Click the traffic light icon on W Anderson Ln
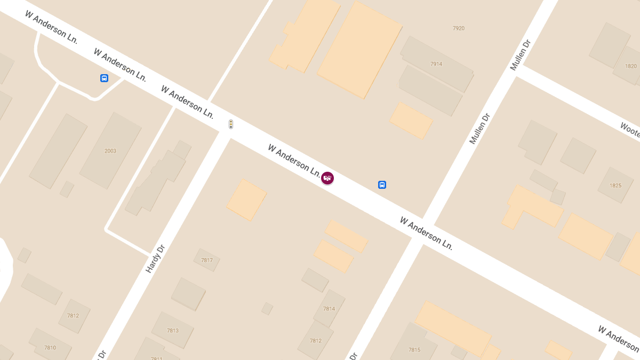[231, 124]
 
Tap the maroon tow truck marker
[327, 178]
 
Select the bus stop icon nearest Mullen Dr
[382, 185]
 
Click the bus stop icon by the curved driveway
[104, 78]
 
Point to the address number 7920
[459, 28]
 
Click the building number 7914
[436, 64]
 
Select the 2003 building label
[110, 151]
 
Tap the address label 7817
[207, 260]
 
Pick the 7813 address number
[173, 331]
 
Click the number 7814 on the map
[329, 309]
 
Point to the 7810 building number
[50, 348]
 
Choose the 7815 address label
[414, 350]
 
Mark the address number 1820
[631, 66]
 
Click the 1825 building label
[616, 186]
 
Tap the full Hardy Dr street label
[156, 259]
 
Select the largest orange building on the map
[359, 51]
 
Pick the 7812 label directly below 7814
[316, 341]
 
